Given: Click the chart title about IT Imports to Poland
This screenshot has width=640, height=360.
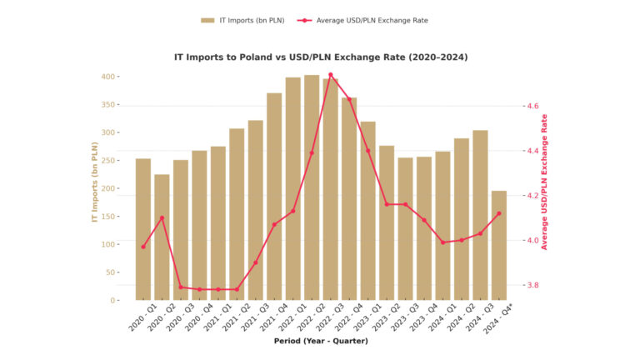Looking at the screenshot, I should [x=320, y=57].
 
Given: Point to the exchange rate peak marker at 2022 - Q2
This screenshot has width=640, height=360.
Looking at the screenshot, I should [x=330, y=75].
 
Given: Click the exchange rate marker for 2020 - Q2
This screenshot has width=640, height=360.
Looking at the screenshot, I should [x=162, y=218].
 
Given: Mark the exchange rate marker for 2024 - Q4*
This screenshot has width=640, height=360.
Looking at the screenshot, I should [x=498, y=213].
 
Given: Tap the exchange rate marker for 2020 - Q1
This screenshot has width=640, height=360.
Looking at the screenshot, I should [x=143, y=247].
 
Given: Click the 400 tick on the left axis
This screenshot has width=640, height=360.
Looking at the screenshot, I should [x=109, y=77].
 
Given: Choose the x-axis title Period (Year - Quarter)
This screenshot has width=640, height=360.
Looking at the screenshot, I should [x=321, y=341].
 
